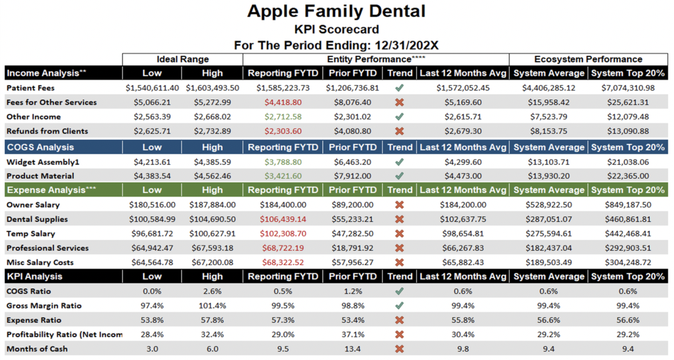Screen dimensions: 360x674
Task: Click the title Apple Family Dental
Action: click(x=336, y=11)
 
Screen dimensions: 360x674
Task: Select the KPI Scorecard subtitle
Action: click(x=336, y=29)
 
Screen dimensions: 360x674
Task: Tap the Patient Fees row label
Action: click(x=31, y=88)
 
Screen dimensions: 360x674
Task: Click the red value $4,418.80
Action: click(x=279, y=102)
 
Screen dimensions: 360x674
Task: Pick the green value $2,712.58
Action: click(x=279, y=117)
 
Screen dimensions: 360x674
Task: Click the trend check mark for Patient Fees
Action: click(x=399, y=88)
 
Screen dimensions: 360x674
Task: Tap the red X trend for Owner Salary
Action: click(x=399, y=205)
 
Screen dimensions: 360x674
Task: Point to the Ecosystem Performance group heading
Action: click(x=588, y=59)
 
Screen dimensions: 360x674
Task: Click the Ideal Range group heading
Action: click(x=182, y=59)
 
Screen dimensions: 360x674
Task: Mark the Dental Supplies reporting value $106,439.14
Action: click(x=279, y=219)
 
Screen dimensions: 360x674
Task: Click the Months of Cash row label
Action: click(x=37, y=349)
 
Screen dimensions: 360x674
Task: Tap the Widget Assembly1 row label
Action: click(x=43, y=162)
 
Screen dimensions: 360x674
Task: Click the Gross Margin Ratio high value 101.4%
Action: click(x=212, y=306)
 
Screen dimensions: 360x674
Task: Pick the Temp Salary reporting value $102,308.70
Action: click(x=279, y=234)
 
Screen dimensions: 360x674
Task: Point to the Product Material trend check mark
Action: click(x=399, y=176)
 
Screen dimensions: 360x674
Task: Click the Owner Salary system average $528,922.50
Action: click(x=549, y=205)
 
